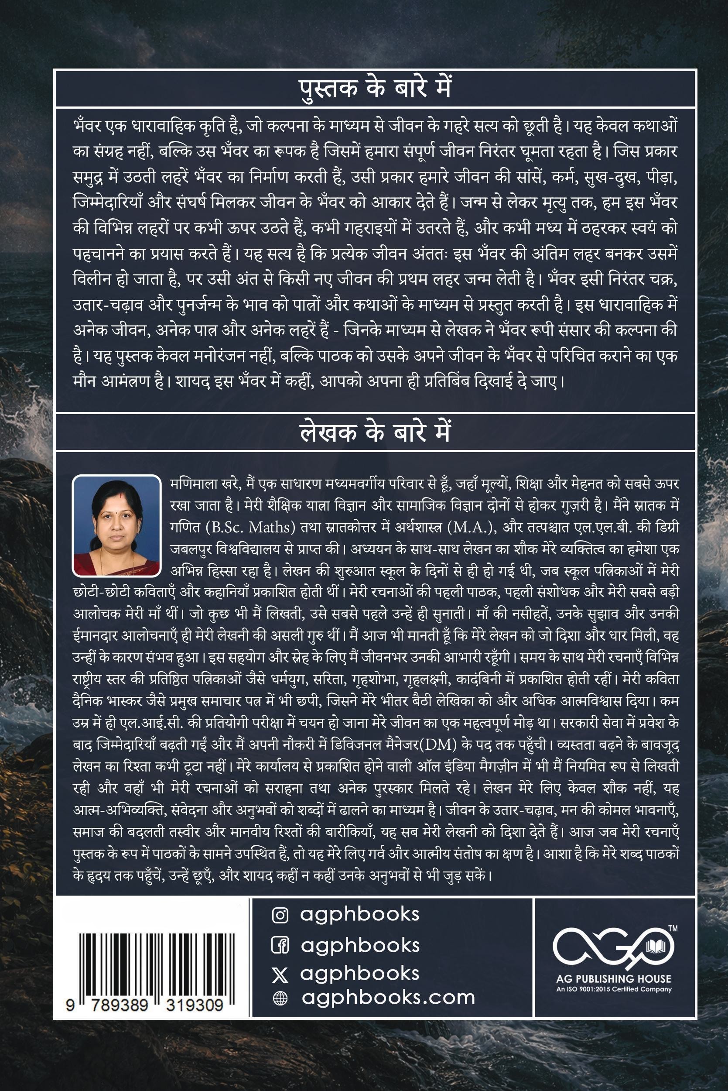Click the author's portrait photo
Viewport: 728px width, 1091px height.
coord(116,525)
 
